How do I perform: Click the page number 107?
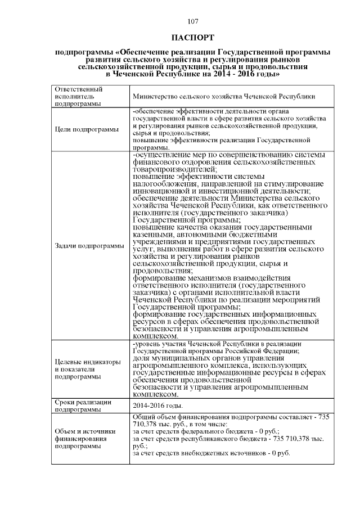(x=192, y=21)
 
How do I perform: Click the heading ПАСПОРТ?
(x=192, y=38)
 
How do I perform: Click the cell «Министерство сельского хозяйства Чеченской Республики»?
(x=223, y=97)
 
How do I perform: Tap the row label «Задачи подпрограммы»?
(x=89, y=246)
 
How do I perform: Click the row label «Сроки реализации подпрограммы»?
(x=83, y=406)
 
